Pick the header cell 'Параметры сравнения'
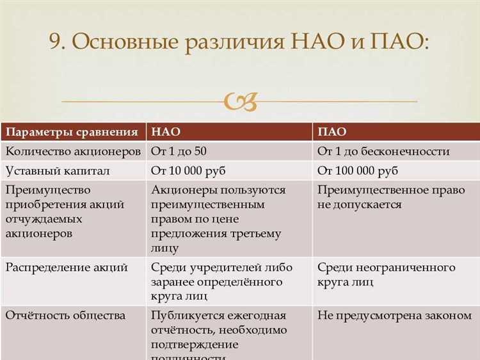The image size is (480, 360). point(72,132)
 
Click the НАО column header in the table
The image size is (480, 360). point(165,132)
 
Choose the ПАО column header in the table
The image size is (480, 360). point(332,132)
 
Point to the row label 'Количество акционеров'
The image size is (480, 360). point(72,152)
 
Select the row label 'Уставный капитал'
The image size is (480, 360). point(58,171)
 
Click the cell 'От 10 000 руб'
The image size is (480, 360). point(188,171)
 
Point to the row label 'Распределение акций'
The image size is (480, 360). point(67,267)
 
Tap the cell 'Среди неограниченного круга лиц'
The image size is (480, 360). point(386,274)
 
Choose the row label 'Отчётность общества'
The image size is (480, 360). point(65,316)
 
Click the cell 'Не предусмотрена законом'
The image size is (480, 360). point(394,316)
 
